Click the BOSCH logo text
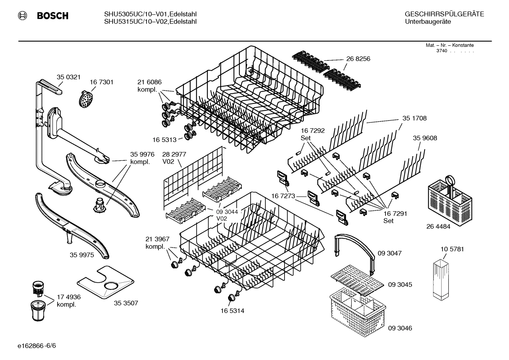pyautogui.click(x=52, y=16)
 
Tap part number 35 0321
pyautogui.click(x=68, y=77)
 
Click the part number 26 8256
pyautogui.click(x=358, y=59)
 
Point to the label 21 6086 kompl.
pyautogui.click(x=149, y=86)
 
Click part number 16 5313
pyautogui.click(x=164, y=140)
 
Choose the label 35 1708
pyautogui.click(x=414, y=118)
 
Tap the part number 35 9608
pyautogui.click(x=425, y=138)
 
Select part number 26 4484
pyautogui.click(x=438, y=226)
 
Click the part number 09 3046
pyautogui.click(x=400, y=328)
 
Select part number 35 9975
pyautogui.click(x=82, y=255)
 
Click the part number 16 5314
pyautogui.click(x=232, y=311)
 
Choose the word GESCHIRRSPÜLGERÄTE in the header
pyautogui.click(x=444, y=14)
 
